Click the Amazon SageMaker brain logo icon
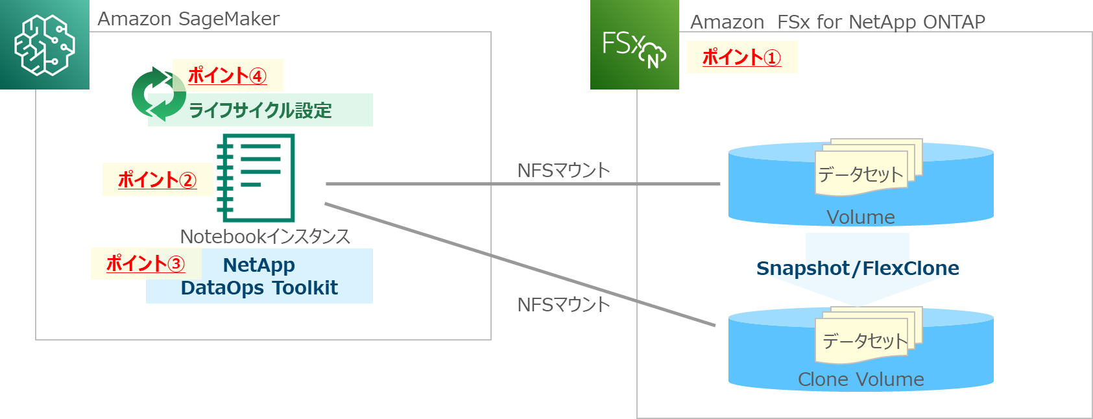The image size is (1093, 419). [x=44, y=45]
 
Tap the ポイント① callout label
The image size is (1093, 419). [x=741, y=57]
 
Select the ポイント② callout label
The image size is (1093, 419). [x=157, y=180]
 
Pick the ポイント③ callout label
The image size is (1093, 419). [x=145, y=263]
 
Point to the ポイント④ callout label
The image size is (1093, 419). [x=227, y=75]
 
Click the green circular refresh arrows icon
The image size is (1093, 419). [x=158, y=94]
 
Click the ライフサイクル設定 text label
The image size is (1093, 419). [x=259, y=110]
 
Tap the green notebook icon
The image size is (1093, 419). [x=256, y=178]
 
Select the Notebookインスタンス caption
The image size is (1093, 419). [x=265, y=236]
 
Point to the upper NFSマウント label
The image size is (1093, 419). [x=563, y=171]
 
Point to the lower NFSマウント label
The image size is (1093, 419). [x=563, y=304]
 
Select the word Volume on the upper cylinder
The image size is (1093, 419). [x=860, y=217]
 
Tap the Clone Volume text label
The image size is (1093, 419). [x=860, y=379]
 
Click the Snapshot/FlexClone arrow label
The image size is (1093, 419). [x=858, y=268]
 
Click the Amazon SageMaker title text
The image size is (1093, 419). [x=188, y=19]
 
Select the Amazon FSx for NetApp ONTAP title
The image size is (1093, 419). [x=837, y=22]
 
